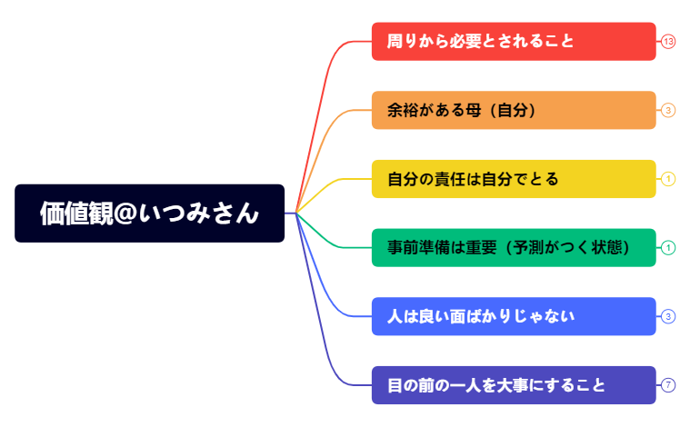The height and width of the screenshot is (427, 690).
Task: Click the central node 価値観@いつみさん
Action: pos(149,213)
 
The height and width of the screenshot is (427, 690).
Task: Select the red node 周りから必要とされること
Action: pos(514,42)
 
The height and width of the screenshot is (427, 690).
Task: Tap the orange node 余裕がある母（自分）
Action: pos(514,110)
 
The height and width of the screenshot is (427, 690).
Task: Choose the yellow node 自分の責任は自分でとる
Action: pos(514,179)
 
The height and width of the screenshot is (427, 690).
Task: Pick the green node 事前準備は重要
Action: pos(514,247)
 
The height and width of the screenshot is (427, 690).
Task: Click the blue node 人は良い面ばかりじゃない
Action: pos(514,316)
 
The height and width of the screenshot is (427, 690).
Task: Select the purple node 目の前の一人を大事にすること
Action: pos(514,385)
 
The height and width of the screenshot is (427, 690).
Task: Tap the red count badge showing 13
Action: pos(668,42)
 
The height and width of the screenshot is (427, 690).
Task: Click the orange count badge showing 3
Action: pos(668,111)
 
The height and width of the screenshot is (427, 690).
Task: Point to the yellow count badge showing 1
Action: pos(668,179)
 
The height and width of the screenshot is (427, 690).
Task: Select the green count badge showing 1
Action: pos(668,247)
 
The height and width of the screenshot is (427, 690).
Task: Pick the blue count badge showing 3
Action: pos(668,316)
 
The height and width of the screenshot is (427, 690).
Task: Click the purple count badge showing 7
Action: pos(668,385)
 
